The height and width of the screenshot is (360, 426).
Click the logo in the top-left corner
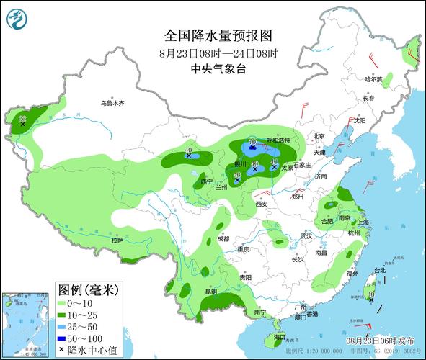(x=14, y=18)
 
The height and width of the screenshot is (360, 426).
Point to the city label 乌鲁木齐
(x=113, y=104)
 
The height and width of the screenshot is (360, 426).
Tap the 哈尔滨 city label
(x=373, y=79)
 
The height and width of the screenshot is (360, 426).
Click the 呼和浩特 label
(x=278, y=140)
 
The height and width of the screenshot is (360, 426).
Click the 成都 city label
(x=223, y=238)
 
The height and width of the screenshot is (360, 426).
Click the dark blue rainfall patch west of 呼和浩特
(x=252, y=150)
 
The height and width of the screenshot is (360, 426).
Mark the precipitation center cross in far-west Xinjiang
(x=23, y=124)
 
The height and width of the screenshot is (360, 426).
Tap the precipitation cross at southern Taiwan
(x=370, y=300)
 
